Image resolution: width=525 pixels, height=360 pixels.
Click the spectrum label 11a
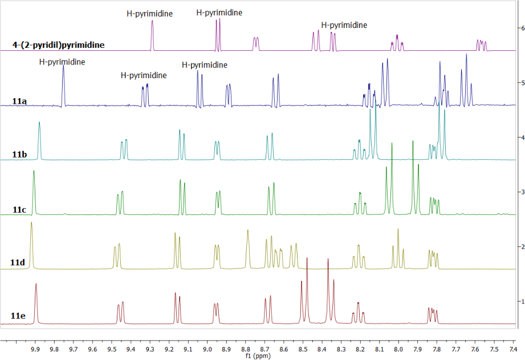pyautogui.click(x=19, y=102)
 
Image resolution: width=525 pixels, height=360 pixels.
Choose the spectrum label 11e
pyautogui.click(x=19, y=315)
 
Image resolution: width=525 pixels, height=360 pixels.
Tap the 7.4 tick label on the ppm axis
pyautogui.click(x=512, y=349)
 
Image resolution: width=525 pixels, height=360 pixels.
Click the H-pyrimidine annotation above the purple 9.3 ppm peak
pyautogui.click(x=149, y=13)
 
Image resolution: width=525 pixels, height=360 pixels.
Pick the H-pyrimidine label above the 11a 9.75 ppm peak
pyautogui.click(x=62, y=62)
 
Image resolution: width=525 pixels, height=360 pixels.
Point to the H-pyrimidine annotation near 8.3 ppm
pyautogui.click(x=344, y=25)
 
